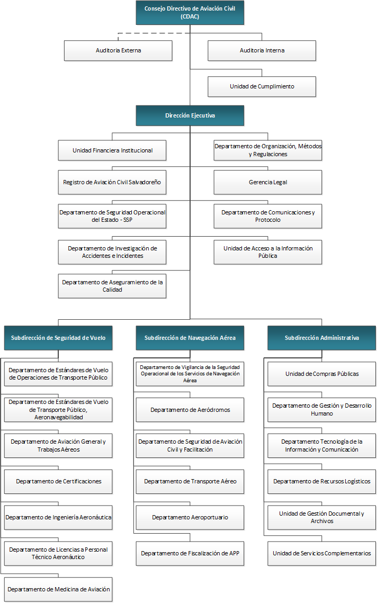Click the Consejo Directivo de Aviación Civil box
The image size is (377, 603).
190,12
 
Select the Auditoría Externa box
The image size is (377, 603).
118,50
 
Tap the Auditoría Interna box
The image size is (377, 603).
262,50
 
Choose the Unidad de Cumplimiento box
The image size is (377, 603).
262,86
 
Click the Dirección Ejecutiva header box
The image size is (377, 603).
190,115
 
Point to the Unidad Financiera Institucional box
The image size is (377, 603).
112,150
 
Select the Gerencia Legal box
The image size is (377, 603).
268,182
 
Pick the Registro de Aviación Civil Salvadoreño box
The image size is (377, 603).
112,182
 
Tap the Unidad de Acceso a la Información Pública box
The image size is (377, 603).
268,252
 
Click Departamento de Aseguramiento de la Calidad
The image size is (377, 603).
112,286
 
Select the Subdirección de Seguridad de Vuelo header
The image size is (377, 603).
58,338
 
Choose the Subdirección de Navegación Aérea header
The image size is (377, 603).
190,338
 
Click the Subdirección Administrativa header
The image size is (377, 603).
321,338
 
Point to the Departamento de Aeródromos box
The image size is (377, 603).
190,410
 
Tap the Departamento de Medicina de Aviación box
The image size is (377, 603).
58,589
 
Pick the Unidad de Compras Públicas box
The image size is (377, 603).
321,374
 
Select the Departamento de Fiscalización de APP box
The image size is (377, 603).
190,553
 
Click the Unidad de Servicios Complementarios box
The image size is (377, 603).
321,553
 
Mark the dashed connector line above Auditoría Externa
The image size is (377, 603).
154,33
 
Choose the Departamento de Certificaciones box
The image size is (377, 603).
58,481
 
